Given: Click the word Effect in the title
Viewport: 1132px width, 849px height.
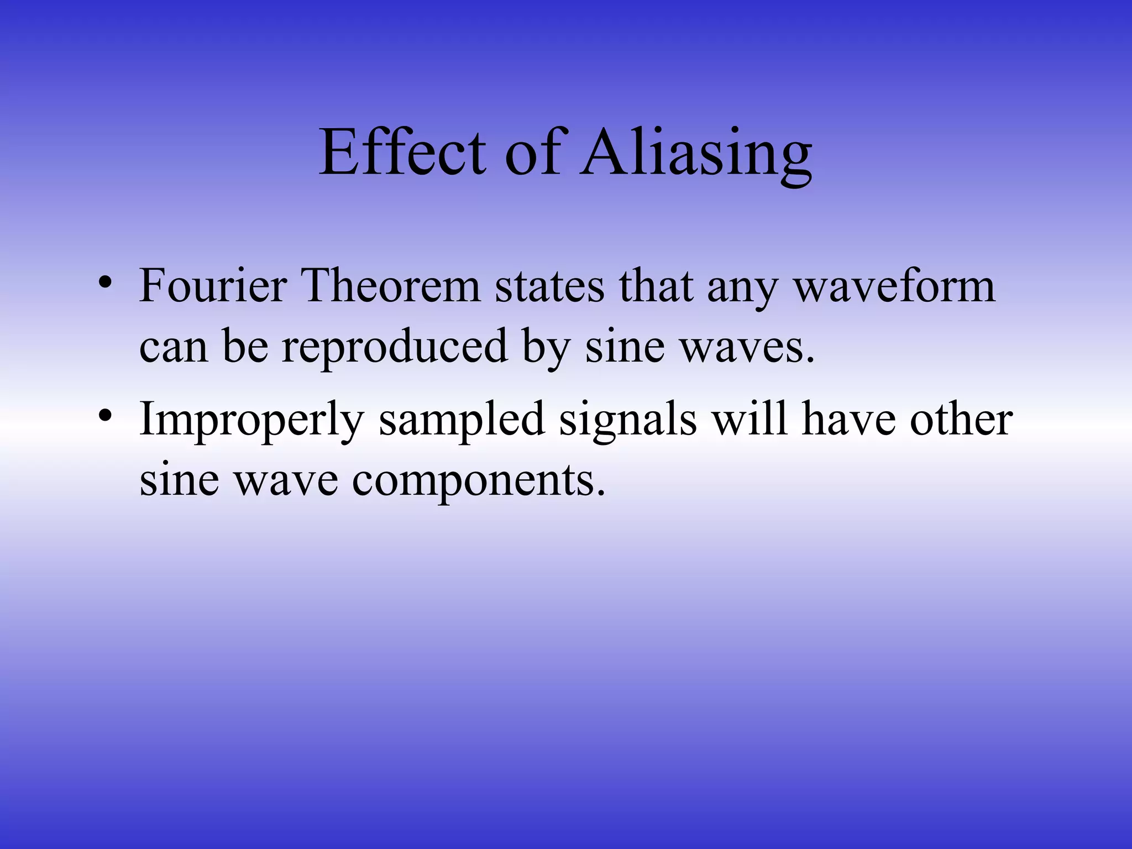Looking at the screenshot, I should [x=402, y=152].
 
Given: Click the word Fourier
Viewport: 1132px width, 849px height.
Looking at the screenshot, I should [x=213, y=286].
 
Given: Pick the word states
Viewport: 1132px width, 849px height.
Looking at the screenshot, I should [x=549, y=287].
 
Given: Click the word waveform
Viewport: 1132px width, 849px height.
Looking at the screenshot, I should [x=894, y=287].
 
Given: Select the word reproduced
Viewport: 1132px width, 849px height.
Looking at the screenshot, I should [x=395, y=348].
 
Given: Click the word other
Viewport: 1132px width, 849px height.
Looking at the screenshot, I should [x=961, y=419].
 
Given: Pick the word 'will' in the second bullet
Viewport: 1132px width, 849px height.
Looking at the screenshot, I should [x=749, y=419].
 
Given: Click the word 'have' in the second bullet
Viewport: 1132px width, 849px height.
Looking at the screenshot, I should [x=848, y=419].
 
